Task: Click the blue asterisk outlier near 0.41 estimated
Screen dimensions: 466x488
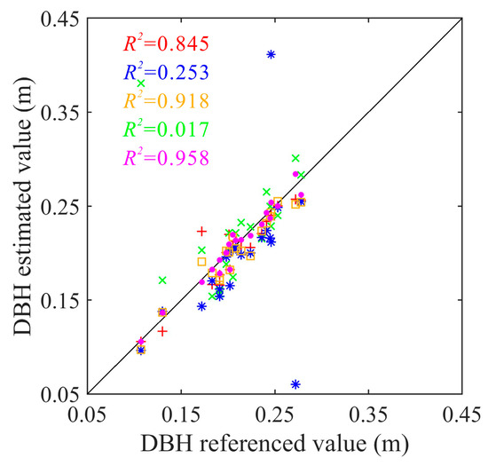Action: (x=271, y=55)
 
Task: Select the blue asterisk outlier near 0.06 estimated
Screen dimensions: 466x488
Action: (x=295, y=384)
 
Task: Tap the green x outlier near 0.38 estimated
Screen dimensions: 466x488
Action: (x=141, y=83)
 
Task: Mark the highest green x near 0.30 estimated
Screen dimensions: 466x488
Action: (x=295, y=158)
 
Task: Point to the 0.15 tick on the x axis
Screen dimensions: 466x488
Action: (x=181, y=413)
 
